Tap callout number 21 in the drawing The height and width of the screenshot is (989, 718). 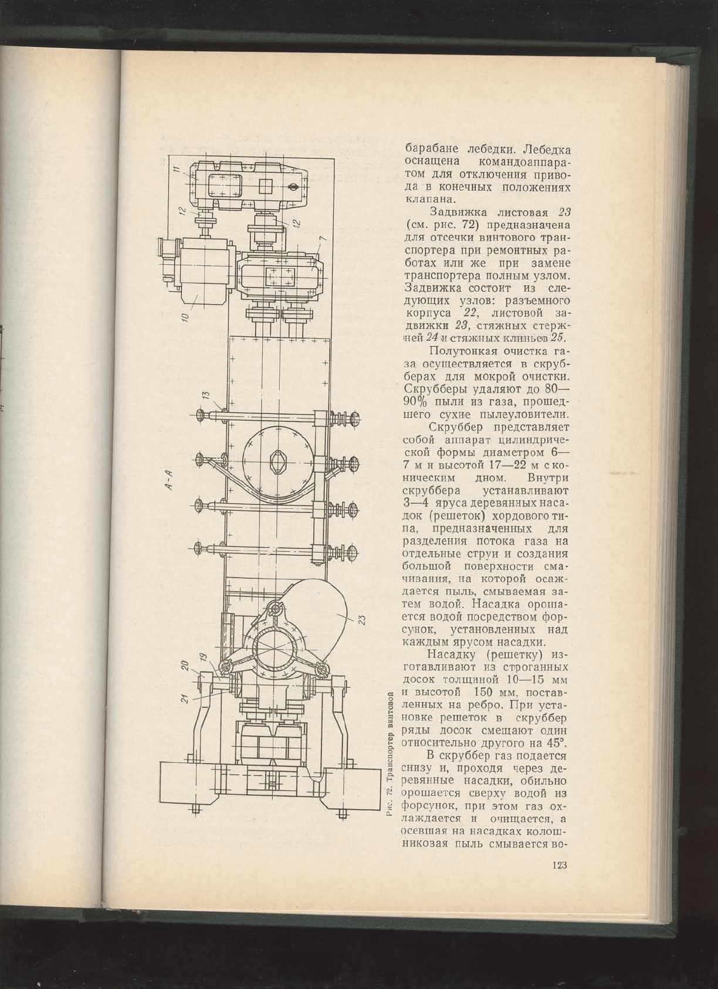tap(186, 698)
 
